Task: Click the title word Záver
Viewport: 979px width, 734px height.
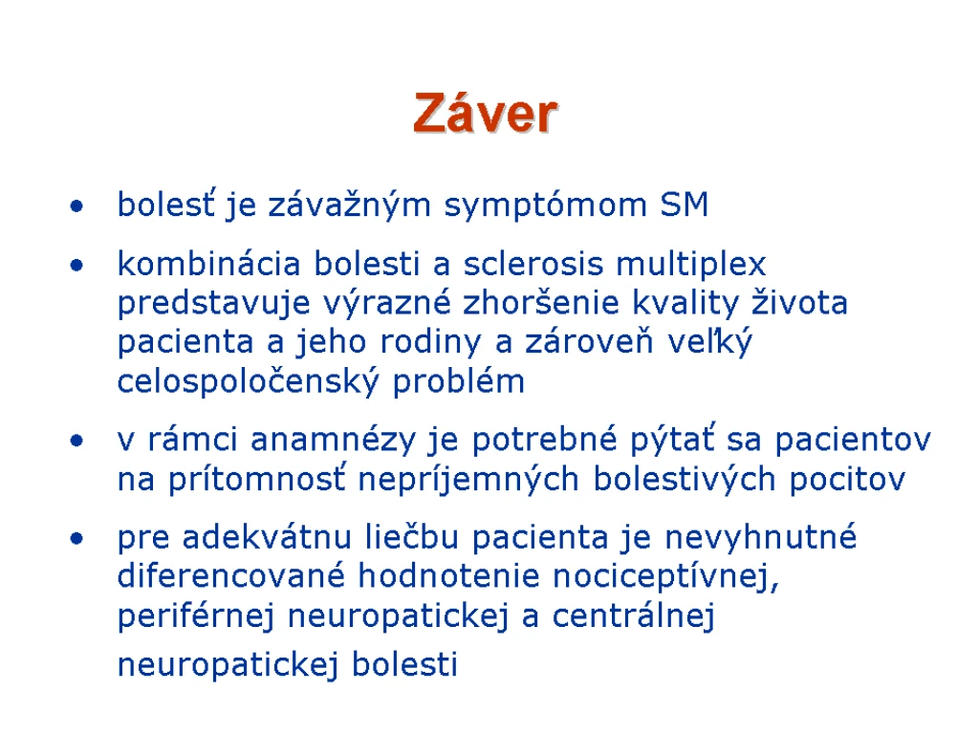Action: (x=485, y=113)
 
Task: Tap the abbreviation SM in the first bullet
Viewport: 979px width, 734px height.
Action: (x=685, y=205)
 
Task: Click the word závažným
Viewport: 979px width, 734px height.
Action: (x=350, y=205)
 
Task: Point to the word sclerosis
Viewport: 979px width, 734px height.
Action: (x=533, y=264)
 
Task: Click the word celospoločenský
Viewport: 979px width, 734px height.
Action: (x=248, y=381)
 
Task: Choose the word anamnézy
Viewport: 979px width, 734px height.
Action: (x=333, y=441)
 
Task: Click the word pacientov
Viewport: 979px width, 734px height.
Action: (x=853, y=441)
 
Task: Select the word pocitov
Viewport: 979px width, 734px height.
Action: (x=847, y=480)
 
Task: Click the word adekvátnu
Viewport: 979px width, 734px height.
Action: (x=268, y=537)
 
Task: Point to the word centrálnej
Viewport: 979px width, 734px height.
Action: (x=633, y=616)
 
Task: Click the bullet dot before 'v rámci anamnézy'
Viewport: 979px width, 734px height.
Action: (x=76, y=442)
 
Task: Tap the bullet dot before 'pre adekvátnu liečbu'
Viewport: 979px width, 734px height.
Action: (x=76, y=538)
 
